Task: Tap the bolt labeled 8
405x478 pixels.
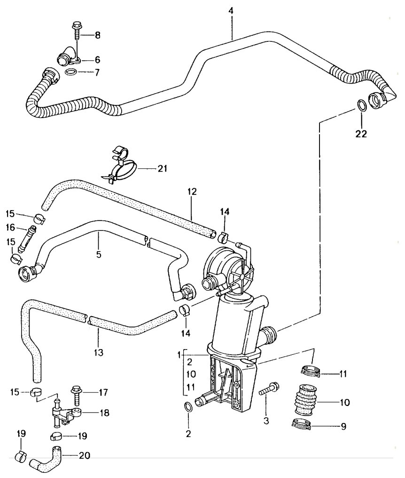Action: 76,33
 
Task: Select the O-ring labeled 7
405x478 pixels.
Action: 71,72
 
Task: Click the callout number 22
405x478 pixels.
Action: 361,134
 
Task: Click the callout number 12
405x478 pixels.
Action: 192,192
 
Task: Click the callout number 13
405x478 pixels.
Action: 98,351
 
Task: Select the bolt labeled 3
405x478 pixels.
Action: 268,392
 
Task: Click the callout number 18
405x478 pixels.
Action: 104,413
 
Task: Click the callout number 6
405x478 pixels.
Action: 97,60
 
